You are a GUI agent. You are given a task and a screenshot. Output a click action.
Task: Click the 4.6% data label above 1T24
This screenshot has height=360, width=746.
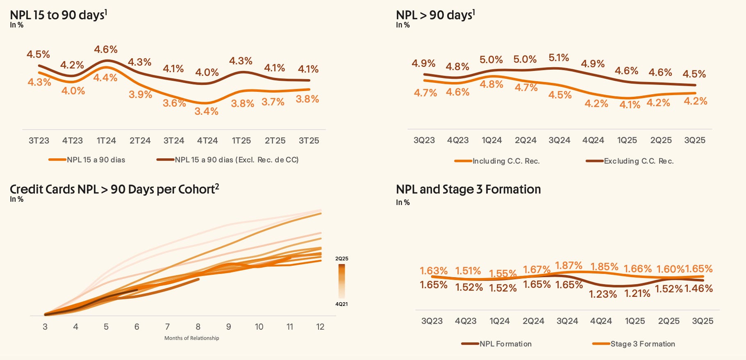pos(106,50)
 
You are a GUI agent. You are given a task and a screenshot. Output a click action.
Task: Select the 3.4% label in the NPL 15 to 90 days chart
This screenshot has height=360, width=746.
pos(207,111)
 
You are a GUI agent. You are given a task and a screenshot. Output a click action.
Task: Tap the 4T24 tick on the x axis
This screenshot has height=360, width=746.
pos(207,141)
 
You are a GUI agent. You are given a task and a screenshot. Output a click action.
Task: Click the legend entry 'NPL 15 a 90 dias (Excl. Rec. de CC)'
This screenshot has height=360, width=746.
pos(236,160)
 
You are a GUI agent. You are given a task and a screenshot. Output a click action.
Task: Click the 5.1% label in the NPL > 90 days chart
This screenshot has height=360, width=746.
pos(559,58)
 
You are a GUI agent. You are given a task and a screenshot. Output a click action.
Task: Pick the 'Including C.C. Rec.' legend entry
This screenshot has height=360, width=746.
pos(506,161)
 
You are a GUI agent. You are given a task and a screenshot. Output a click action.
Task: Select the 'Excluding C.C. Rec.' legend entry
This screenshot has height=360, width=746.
pos(639,161)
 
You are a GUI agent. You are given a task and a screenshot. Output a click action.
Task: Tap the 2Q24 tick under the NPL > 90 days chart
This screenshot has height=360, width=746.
pos(526,140)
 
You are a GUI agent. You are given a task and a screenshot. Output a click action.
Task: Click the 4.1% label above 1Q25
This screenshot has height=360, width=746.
pos(630,105)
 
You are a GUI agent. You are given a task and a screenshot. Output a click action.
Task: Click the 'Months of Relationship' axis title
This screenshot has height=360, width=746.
pos(192,338)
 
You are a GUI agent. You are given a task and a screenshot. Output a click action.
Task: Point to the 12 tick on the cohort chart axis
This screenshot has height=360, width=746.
pos(320,327)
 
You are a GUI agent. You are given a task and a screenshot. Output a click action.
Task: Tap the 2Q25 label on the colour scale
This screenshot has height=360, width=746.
pos(341,259)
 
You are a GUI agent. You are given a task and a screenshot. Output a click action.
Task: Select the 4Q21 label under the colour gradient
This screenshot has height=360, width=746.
pos(341,304)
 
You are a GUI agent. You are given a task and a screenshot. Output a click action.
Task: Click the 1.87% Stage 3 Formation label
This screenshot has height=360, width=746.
pos(569,266)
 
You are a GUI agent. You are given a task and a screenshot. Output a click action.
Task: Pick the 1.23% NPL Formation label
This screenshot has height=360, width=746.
pos(603,294)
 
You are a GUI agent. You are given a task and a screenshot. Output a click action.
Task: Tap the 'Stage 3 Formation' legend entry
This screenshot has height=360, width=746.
pos(642,344)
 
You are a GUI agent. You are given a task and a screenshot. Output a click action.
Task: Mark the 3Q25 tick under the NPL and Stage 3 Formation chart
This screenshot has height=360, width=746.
pos(703,321)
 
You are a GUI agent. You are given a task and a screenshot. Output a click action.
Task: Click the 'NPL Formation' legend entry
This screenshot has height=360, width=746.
pos(505,344)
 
